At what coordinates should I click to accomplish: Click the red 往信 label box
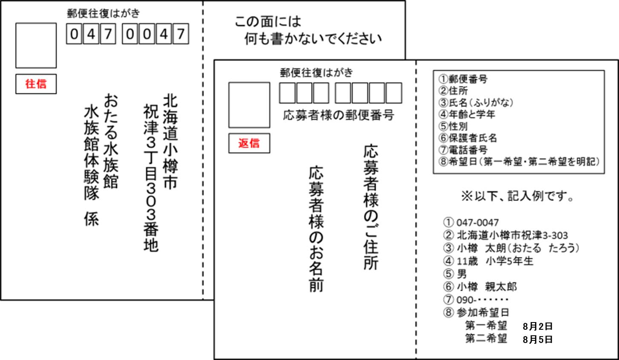[x=36, y=84]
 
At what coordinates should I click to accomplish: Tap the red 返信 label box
[x=249, y=143]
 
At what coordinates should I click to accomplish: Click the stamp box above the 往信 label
[x=36, y=45]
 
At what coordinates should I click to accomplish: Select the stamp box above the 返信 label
[x=249, y=105]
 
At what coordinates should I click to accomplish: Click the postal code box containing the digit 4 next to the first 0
[x=91, y=34]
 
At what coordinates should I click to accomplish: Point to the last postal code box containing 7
[x=181, y=34]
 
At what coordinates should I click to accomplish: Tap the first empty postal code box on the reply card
[x=287, y=93]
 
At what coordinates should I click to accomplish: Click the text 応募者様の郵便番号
[x=339, y=115]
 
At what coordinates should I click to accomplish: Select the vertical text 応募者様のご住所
[x=371, y=207]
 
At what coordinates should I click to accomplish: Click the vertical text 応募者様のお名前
[x=316, y=229]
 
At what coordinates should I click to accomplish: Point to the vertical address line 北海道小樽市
[x=170, y=142]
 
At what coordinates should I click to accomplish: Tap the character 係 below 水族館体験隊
[x=92, y=219]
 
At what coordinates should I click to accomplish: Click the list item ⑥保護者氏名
[x=468, y=138]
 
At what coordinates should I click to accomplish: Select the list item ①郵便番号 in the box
[x=463, y=79]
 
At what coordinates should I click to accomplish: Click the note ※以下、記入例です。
[x=518, y=196]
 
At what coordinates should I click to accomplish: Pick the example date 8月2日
[x=538, y=326]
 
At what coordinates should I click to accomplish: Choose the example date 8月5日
[x=538, y=339]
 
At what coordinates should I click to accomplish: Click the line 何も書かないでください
[x=313, y=39]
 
